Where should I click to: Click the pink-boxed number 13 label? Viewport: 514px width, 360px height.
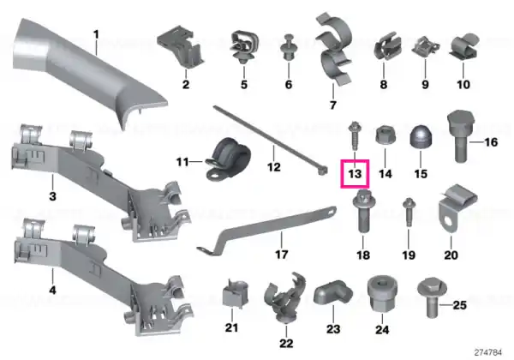pyautogui.click(x=355, y=174)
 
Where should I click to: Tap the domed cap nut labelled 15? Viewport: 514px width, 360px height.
pyautogui.click(x=421, y=136)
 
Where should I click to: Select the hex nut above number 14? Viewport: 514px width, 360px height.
pyautogui.click(x=385, y=135)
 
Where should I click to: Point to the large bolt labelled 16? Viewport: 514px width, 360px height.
pyautogui.click(x=461, y=135)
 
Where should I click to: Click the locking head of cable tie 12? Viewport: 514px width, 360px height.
pyautogui.click(x=323, y=171)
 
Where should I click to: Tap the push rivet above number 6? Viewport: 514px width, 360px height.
pyautogui.click(x=289, y=47)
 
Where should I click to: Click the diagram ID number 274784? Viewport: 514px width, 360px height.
pyautogui.click(x=488, y=352)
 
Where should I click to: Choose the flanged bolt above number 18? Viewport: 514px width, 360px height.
pyautogui.click(x=363, y=211)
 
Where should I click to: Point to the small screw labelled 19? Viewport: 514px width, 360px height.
pyautogui.click(x=409, y=212)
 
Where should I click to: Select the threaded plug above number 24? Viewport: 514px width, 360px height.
pyautogui.click(x=383, y=293)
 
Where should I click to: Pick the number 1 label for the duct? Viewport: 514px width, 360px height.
pyautogui.click(x=96, y=34)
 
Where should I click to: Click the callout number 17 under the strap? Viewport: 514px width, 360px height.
pyautogui.click(x=281, y=255)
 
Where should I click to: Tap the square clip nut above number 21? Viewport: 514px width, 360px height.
pyautogui.click(x=235, y=293)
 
